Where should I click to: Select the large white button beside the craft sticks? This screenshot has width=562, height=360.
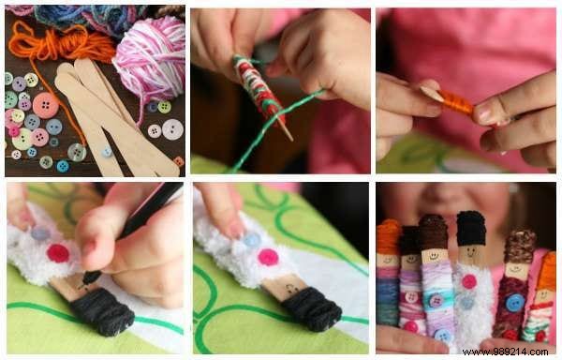click(x=172, y=129)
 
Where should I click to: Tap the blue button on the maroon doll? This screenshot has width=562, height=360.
click(x=514, y=302)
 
